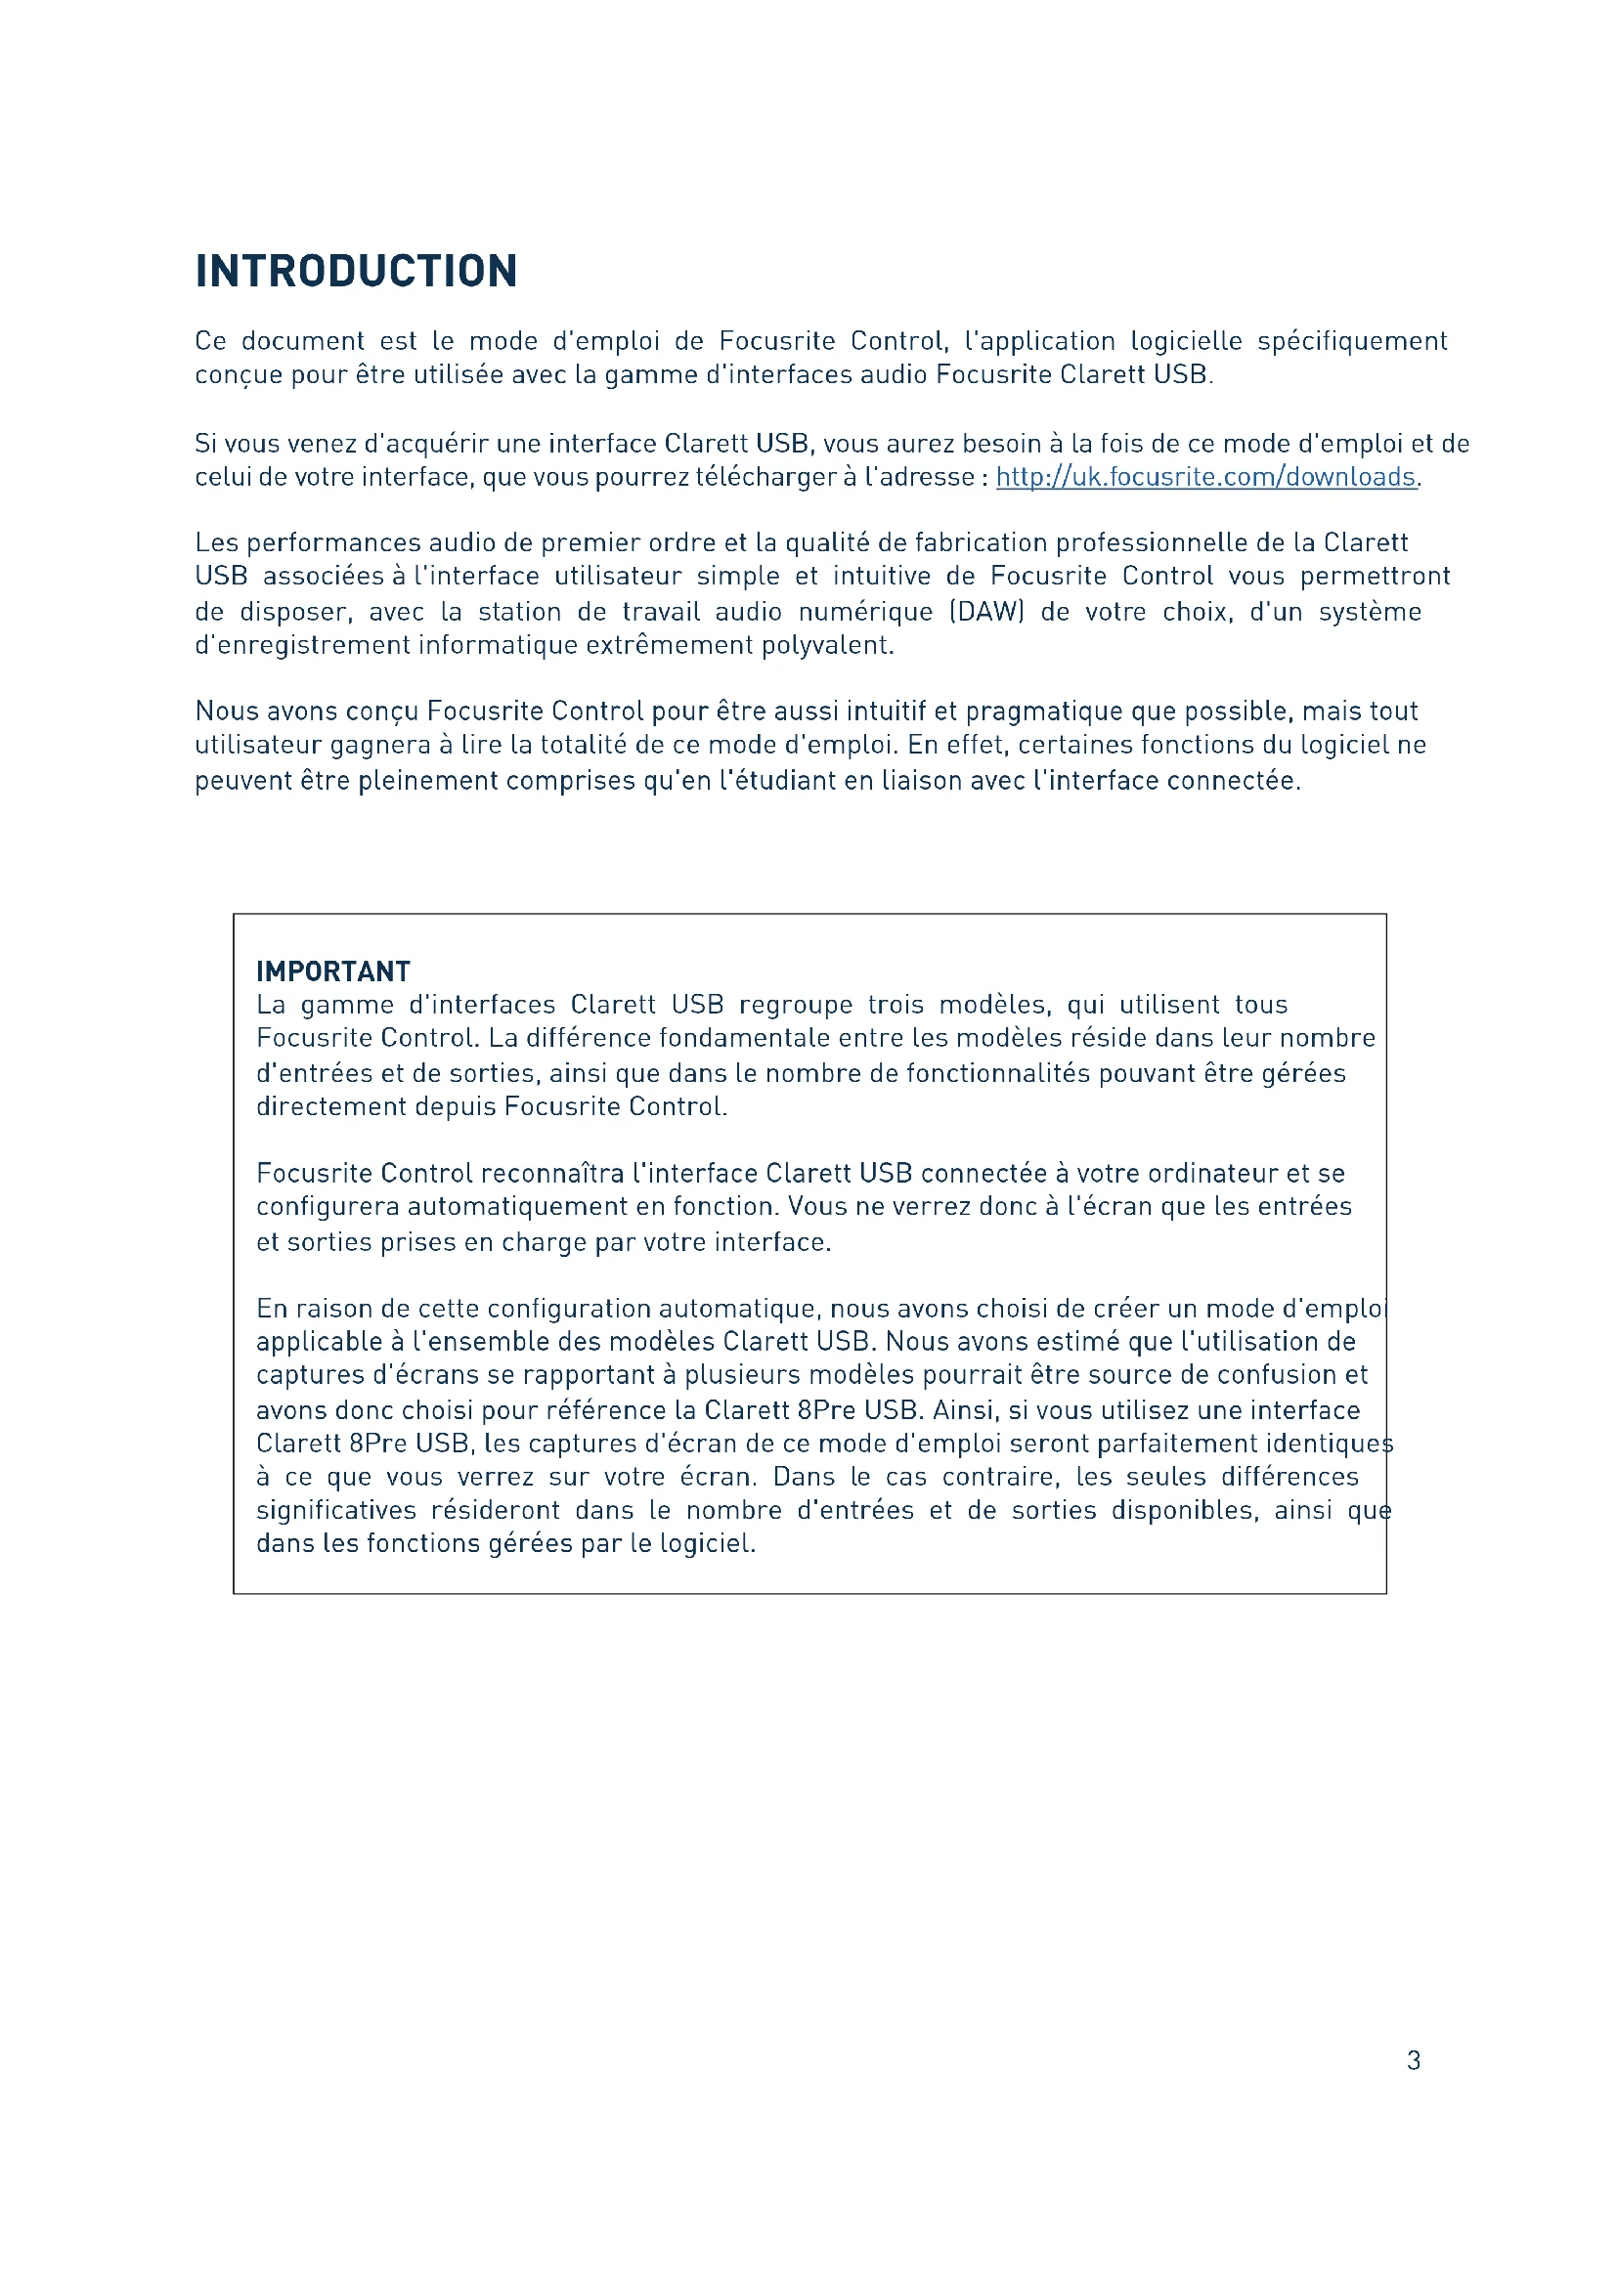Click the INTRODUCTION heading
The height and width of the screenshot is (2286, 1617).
pyautogui.click(x=356, y=271)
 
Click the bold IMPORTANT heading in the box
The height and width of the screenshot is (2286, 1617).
pyautogui.click(x=332, y=970)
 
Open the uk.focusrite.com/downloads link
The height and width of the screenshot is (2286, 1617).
pyautogui.click(x=1205, y=477)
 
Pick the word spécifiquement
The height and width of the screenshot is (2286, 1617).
pyautogui.click(x=1351, y=340)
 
